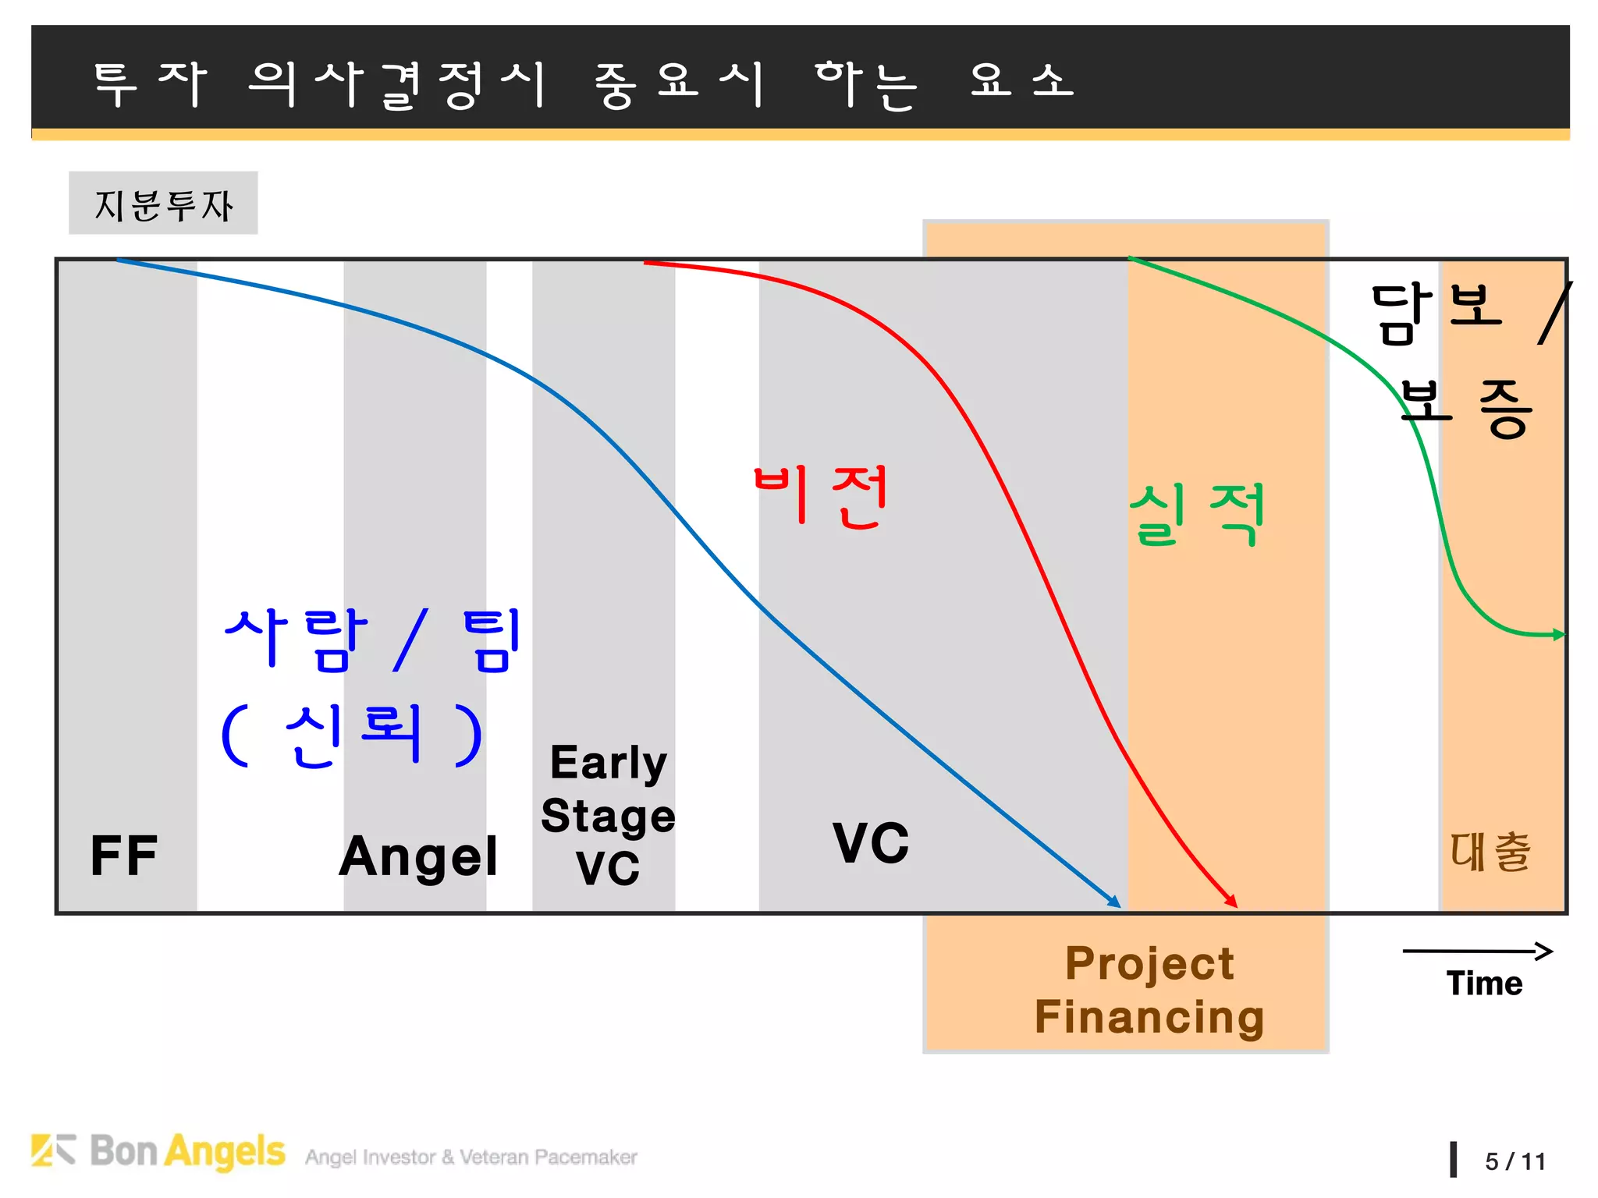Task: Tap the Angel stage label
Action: click(x=418, y=856)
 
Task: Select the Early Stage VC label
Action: click(x=608, y=815)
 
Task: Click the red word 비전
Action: click(x=821, y=496)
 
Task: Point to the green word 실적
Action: click(x=1197, y=513)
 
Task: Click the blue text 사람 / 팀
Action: click(x=372, y=640)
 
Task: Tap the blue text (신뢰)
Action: click(x=351, y=735)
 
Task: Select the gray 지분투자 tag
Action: click(x=163, y=204)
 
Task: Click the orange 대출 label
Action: click(x=1490, y=852)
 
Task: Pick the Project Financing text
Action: click(x=1149, y=990)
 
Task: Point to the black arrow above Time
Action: click(x=1477, y=951)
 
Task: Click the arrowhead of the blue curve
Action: click(x=1115, y=902)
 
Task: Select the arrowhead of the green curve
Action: click(x=1559, y=635)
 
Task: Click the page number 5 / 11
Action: click(x=1515, y=1162)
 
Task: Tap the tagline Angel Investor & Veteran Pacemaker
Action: click(x=471, y=1157)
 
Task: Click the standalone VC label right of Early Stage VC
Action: click(x=871, y=844)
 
